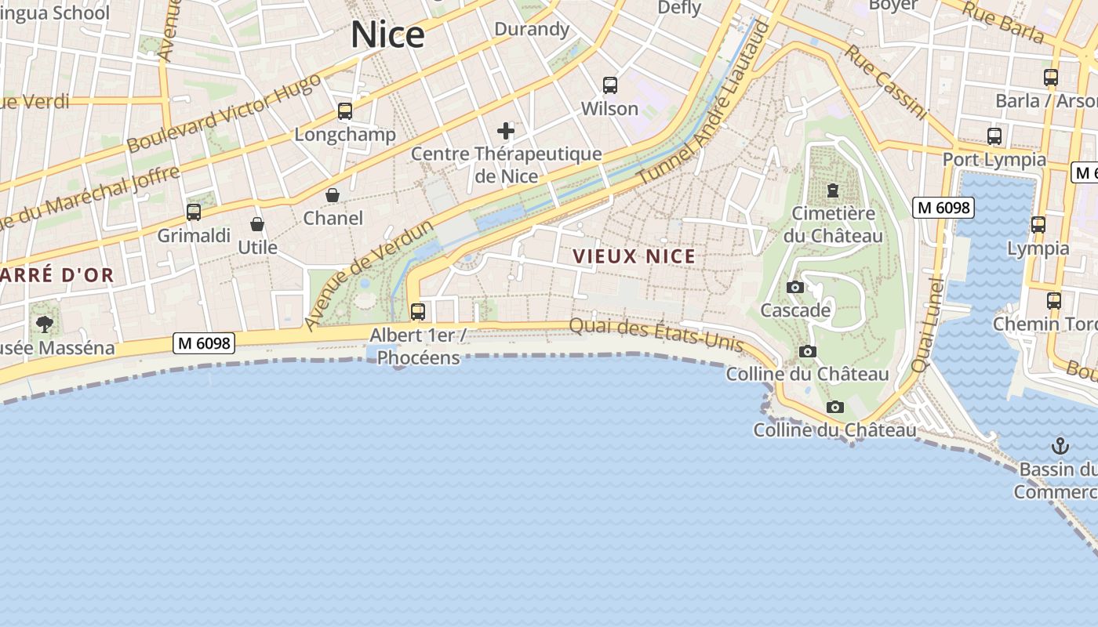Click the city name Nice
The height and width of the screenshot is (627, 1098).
[x=387, y=35]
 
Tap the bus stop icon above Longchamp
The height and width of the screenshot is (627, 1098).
[x=345, y=111]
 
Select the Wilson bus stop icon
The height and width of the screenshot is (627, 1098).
[x=610, y=85]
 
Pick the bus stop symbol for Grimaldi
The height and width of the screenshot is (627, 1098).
[x=194, y=212]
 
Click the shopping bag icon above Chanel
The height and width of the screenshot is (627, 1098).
[x=333, y=195]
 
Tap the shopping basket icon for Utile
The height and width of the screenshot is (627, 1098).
[x=257, y=225]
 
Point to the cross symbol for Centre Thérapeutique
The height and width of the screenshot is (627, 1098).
[x=506, y=130]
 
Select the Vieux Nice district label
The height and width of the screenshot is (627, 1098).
[x=634, y=256]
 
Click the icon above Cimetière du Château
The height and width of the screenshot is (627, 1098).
[x=833, y=190]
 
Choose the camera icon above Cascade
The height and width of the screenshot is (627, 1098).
[x=795, y=288]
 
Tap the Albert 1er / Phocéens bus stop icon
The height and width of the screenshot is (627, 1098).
[x=418, y=312]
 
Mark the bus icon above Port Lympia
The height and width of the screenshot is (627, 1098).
[x=994, y=136]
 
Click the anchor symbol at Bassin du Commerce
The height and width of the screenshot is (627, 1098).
[x=1060, y=447]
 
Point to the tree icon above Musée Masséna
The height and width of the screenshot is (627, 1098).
[x=45, y=324]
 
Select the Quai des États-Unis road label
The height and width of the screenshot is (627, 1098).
[x=656, y=335]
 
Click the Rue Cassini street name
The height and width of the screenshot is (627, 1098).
[x=885, y=82]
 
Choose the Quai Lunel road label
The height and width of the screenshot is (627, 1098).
[x=925, y=324]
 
